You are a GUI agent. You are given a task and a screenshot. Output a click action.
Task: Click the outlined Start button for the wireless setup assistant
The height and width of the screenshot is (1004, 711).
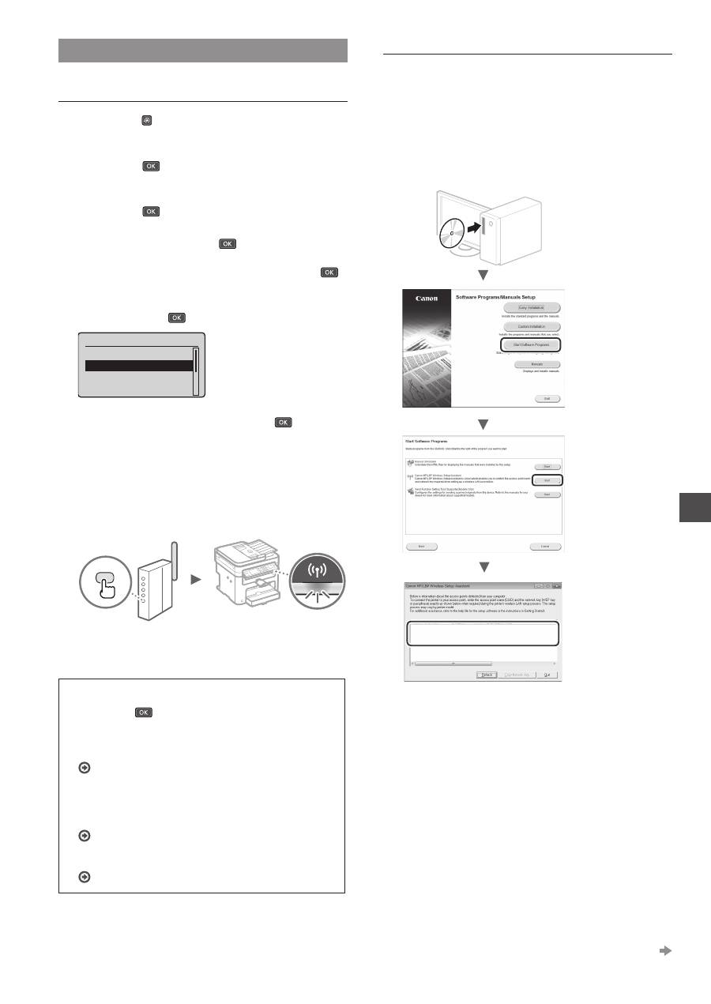[x=546, y=479]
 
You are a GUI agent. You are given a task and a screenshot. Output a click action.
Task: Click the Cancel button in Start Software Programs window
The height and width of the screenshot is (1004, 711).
[x=545, y=546]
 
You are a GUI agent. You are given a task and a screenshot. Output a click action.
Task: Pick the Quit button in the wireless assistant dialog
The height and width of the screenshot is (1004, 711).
[x=547, y=675]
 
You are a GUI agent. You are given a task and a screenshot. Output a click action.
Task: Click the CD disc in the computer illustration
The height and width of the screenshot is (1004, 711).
[x=450, y=235]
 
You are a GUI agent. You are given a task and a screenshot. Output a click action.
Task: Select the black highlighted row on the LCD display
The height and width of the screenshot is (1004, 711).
[x=139, y=366]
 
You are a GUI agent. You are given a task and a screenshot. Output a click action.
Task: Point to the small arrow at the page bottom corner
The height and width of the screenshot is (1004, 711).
[x=665, y=951]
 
